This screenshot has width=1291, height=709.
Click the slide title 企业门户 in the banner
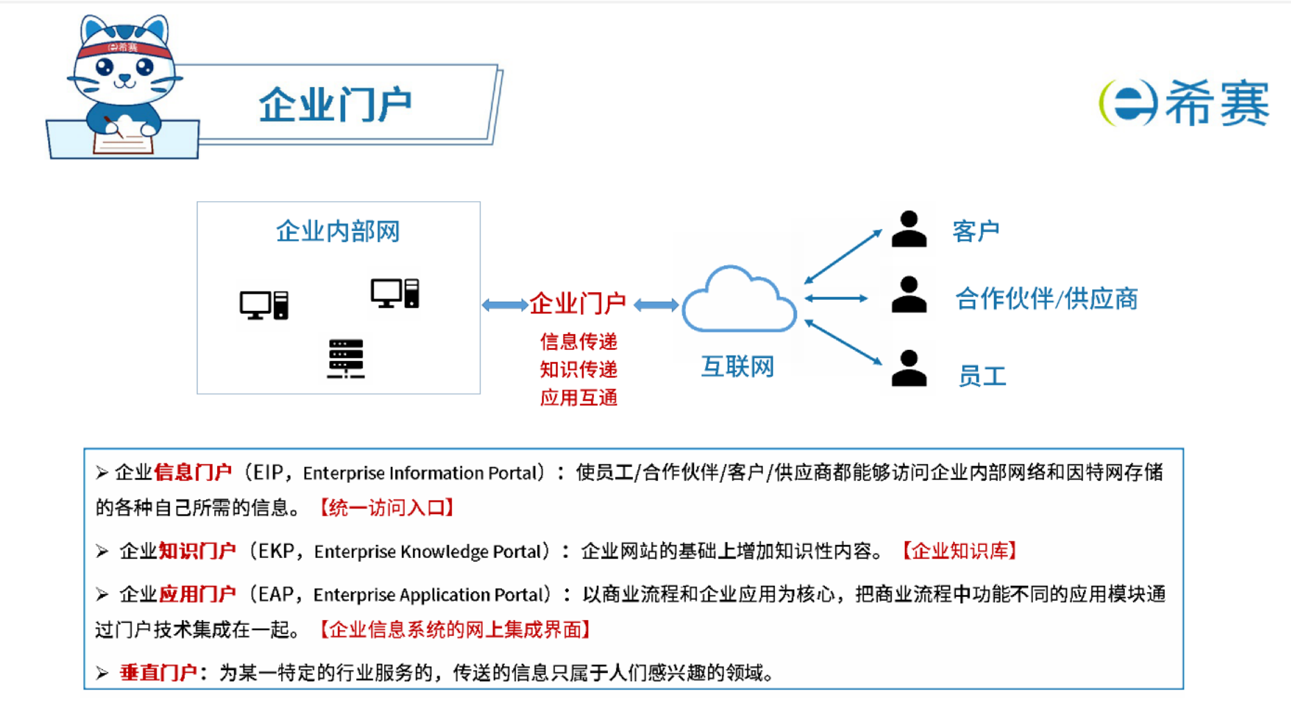335,105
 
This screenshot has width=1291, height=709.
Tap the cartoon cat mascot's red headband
124,48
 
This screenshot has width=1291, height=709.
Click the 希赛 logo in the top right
1185,103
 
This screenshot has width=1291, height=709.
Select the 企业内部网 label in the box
338,231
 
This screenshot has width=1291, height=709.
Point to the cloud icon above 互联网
739,300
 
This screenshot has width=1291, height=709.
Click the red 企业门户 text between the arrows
577,303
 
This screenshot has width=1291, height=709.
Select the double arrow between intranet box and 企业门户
505,305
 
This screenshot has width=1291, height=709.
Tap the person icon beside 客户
909,229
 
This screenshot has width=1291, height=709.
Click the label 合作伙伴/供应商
1046,298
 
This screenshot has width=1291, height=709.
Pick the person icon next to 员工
909,368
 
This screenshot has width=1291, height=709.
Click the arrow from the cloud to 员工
843,342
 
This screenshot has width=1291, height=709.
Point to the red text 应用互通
579,397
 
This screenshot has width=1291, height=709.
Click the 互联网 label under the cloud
737,366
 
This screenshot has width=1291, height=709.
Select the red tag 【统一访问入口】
387,508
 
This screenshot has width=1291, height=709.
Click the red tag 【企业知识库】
959,551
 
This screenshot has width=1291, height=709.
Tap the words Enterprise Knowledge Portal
427,552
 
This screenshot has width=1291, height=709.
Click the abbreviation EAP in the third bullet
276,594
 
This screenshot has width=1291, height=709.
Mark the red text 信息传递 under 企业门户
579,342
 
